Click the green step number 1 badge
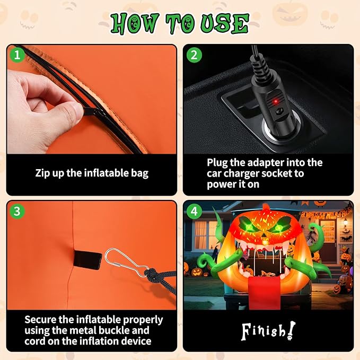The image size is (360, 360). tap(17, 55)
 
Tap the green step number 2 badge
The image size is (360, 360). tap(194, 55)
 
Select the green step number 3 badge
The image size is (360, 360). tap(17, 211)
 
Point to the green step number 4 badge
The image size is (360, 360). tap(194, 211)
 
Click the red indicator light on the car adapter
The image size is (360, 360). tap(275, 101)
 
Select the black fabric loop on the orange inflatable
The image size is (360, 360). tap(87, 260)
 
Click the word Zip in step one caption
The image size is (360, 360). tap(42, 173)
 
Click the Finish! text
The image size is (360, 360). tap(268, 331)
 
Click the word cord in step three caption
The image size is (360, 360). tap(34, 341)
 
